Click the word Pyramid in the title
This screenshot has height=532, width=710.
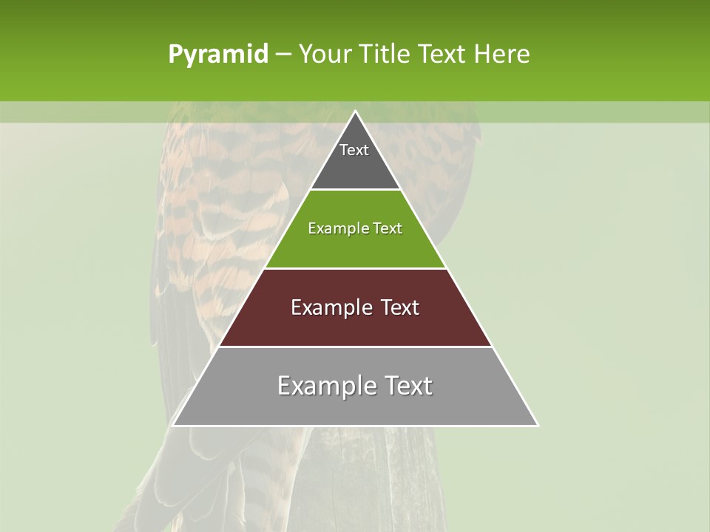pyautogui.click(x=217, y=55)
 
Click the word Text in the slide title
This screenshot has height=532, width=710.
pyautogui.click(x=443, y=55)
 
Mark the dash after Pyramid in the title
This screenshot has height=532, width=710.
pyautogui.click(x=283, y=55)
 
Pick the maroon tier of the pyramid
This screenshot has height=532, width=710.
pyautogui.click(x=355, y=325)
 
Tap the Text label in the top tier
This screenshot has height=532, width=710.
pyautogui.click(x=354, y=150)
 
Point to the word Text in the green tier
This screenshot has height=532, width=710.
pyautogui.click(x=388, y=228)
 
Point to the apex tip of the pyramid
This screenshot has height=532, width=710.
pyautogui.click(x=355, y=112)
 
